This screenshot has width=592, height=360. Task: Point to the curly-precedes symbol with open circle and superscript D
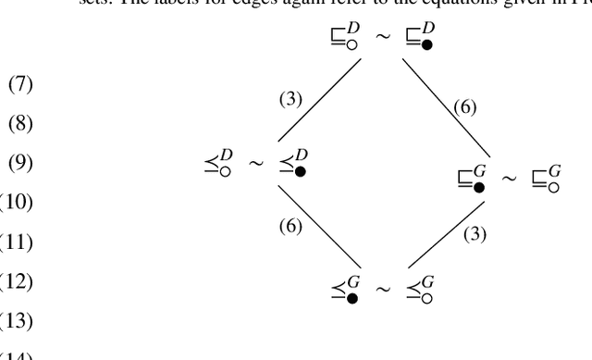pos(219,166)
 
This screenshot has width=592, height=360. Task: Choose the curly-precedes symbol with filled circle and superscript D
pos(295,166)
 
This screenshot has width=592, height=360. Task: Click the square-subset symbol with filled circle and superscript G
pos(473,180)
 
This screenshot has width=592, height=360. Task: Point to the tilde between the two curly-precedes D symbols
pos(257,166)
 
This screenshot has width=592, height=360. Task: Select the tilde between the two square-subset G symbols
pos(510,179)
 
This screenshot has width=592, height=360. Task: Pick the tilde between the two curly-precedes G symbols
pos(384,291)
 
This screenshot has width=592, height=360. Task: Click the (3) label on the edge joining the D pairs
pos(291,98)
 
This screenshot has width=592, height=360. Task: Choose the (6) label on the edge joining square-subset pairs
pos(464,107)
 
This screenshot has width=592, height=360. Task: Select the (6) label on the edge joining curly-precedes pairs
pos(292,226)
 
